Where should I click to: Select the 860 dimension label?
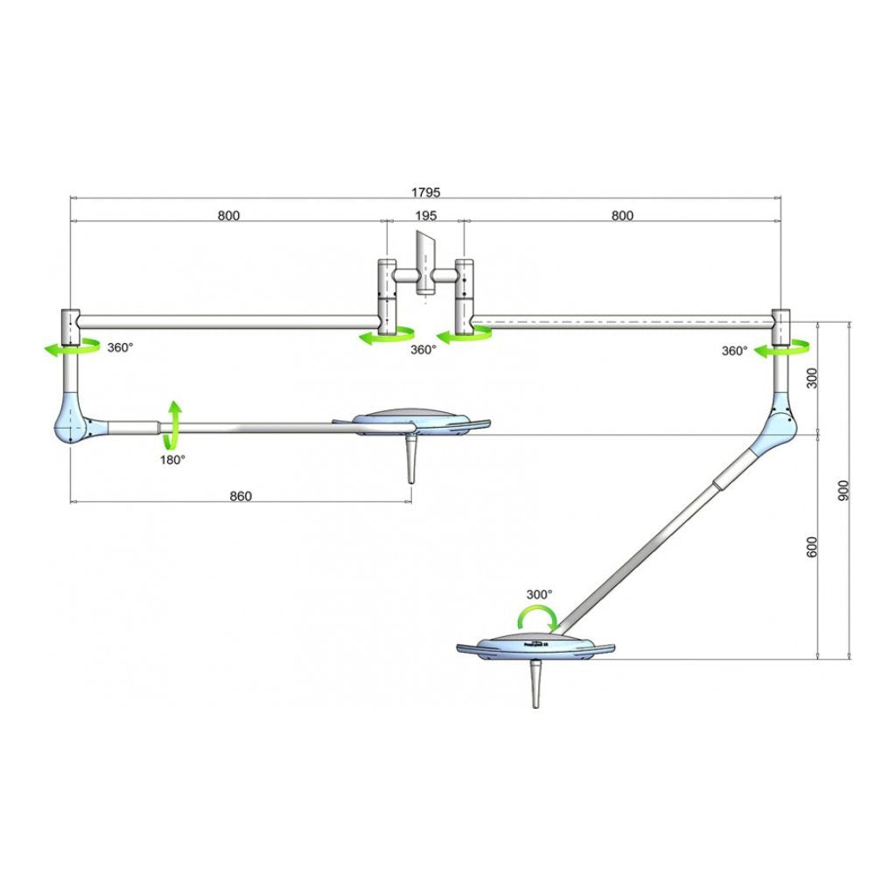point(240,496)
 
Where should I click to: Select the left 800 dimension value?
point(227,215)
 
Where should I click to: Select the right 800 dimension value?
point(622,215)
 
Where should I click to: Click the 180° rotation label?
point(171,458)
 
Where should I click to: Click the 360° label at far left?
point(120,347)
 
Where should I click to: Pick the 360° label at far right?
point(734,350)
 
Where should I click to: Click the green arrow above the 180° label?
point(174,423)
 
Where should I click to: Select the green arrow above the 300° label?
point(535,618)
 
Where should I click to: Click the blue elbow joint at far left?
point(73,424)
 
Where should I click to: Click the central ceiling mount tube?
point(426,262)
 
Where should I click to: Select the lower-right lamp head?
point(536,647)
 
